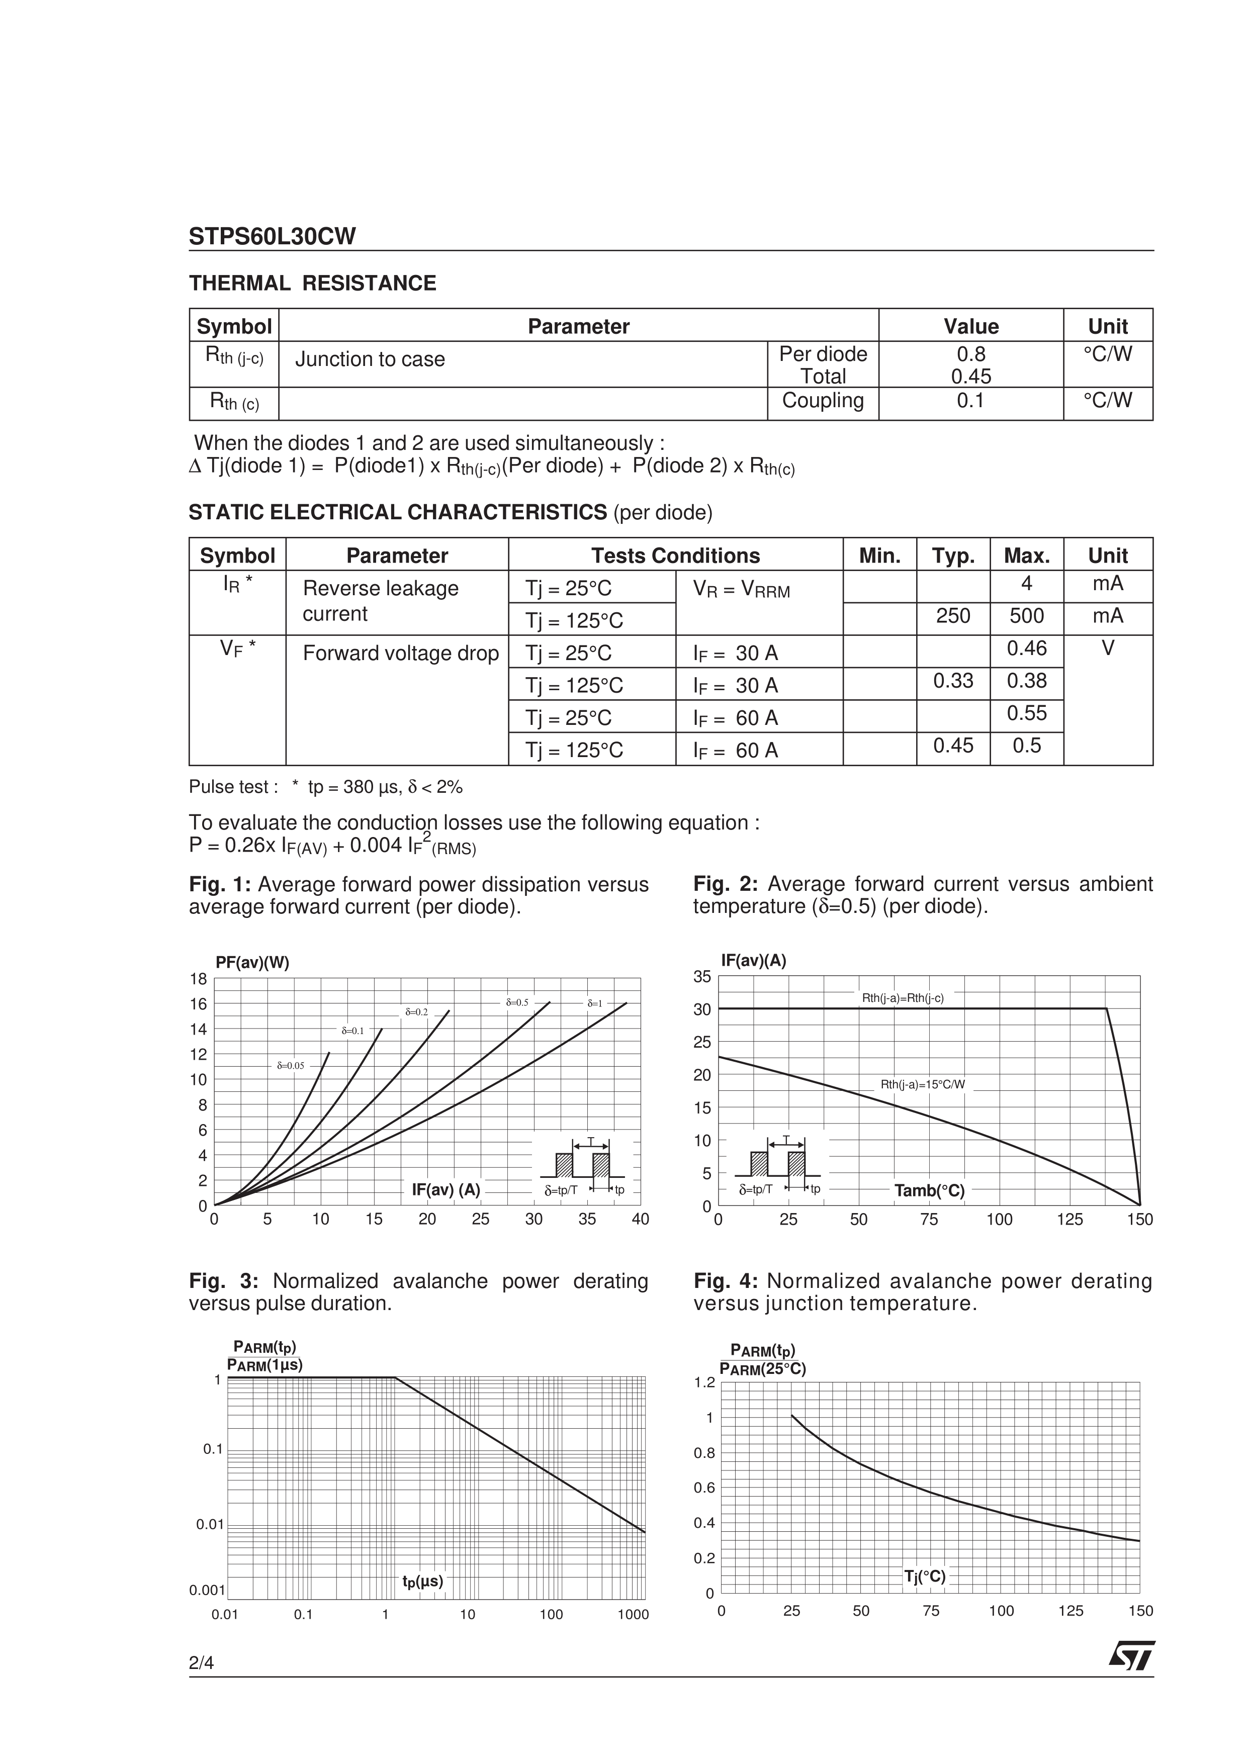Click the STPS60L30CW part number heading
click(273, 237)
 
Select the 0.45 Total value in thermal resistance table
click(970, 377)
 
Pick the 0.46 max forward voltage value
click(1026, 648)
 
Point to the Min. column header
click(880, 555)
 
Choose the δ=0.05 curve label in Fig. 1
click(291, 1066)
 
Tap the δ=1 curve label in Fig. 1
click(595, 1003)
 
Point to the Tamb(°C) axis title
click(929, 1190)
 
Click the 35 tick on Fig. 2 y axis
click(702, 976)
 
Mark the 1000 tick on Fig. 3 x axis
click(633, 1614)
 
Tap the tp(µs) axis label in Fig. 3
click(422, 1581)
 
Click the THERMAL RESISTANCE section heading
click(313, 284)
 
